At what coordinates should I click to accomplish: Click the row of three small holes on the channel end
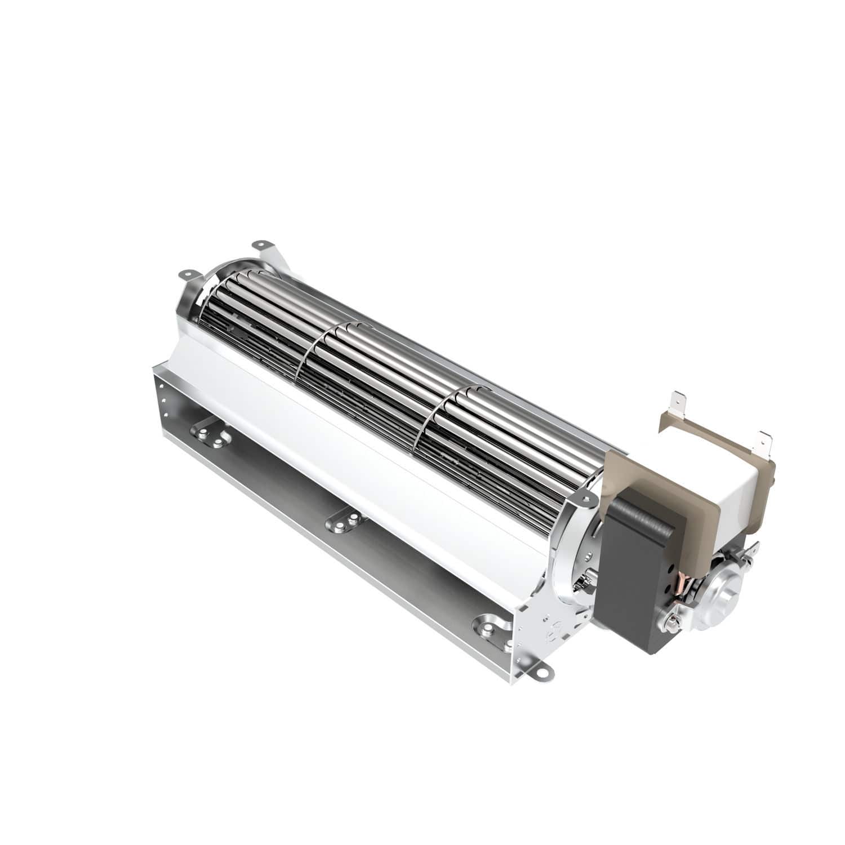point(163,397)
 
